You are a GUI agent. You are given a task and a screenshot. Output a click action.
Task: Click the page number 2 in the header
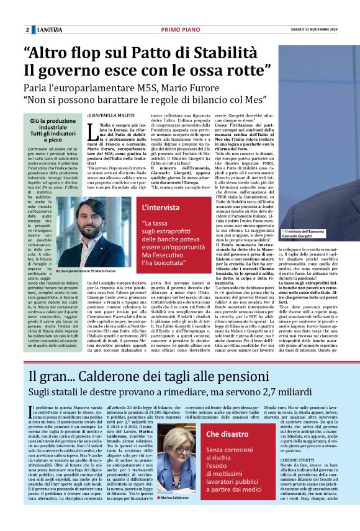coord(27,30)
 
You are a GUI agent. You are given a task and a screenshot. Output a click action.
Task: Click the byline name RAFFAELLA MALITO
coord(113,116)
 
